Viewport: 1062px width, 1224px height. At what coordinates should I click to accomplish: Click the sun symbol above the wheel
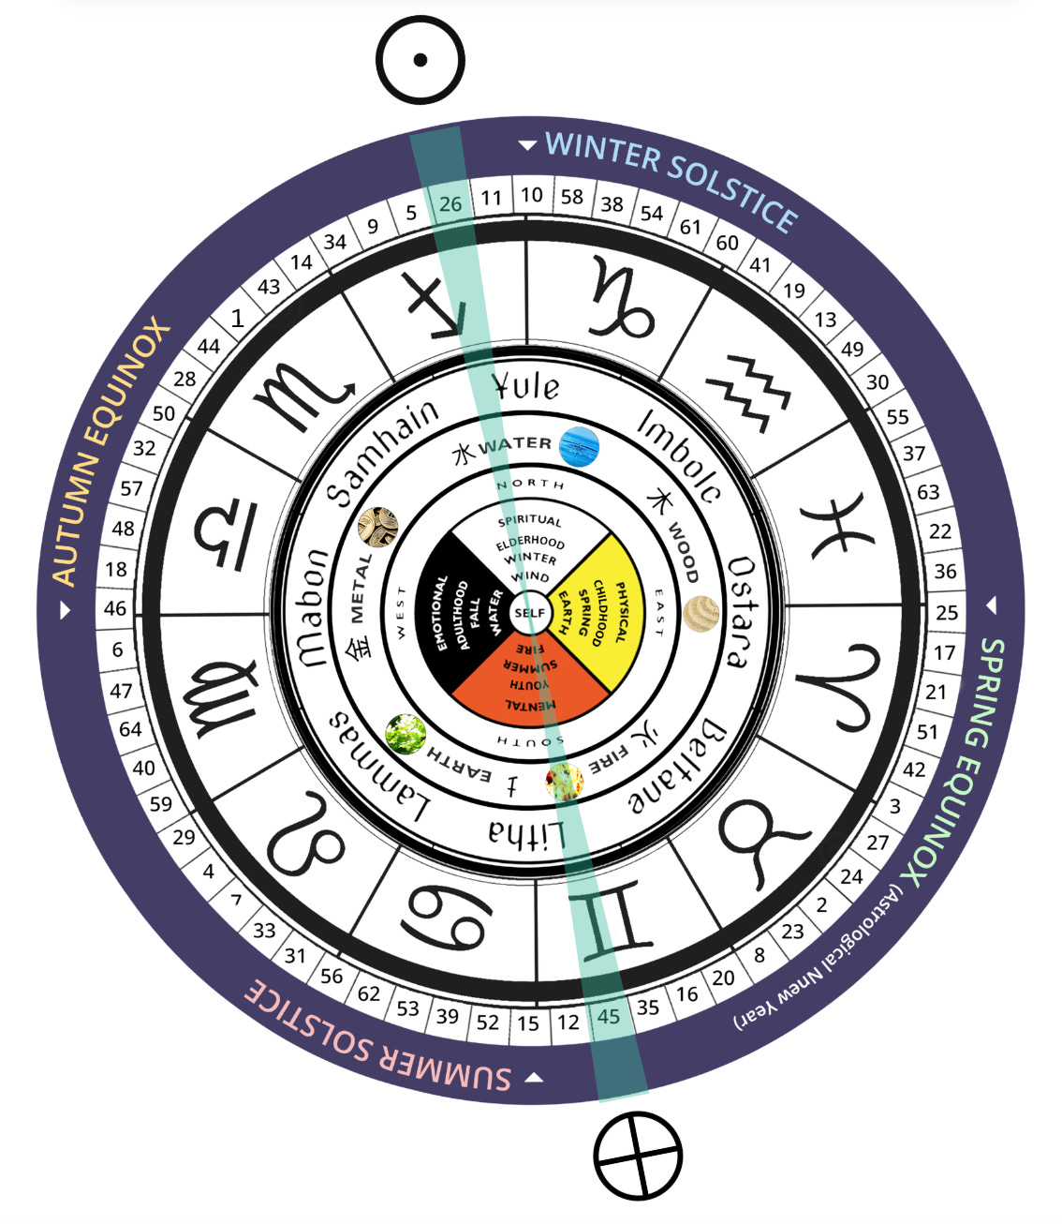pyautogui.click(x=420, y=60)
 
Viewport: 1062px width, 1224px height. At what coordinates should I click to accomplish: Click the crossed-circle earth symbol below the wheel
pyautogui.click(x=638, y=1156)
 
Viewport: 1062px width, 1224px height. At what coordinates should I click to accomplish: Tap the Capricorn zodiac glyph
pyautogui.click(x=620, y=299)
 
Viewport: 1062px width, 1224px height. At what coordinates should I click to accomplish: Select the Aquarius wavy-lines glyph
pyautogui.click(x=747, y=392)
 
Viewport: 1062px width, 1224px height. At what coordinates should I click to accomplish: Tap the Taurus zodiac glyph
pyautogui.click(x=758, y=843)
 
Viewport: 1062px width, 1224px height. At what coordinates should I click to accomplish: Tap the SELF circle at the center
pyautogui.click(x=529, y=613)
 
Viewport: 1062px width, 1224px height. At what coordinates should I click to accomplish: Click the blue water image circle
pyautogui.click(x=579, y=447)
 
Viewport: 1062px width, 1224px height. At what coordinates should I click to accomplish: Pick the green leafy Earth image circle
pyautogui.click(x=406, y=734)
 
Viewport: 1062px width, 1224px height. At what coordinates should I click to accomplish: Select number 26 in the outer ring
pyautogui.click(x=450, y=203)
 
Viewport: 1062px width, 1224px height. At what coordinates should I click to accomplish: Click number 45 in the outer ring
pyautogui.click(x=608, y=1017)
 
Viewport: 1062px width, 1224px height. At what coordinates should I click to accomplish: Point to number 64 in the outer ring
pyautogui.click(x=130, y=729)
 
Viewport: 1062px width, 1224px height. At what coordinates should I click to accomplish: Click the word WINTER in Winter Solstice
pyautogui.click(x=602, y=151)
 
